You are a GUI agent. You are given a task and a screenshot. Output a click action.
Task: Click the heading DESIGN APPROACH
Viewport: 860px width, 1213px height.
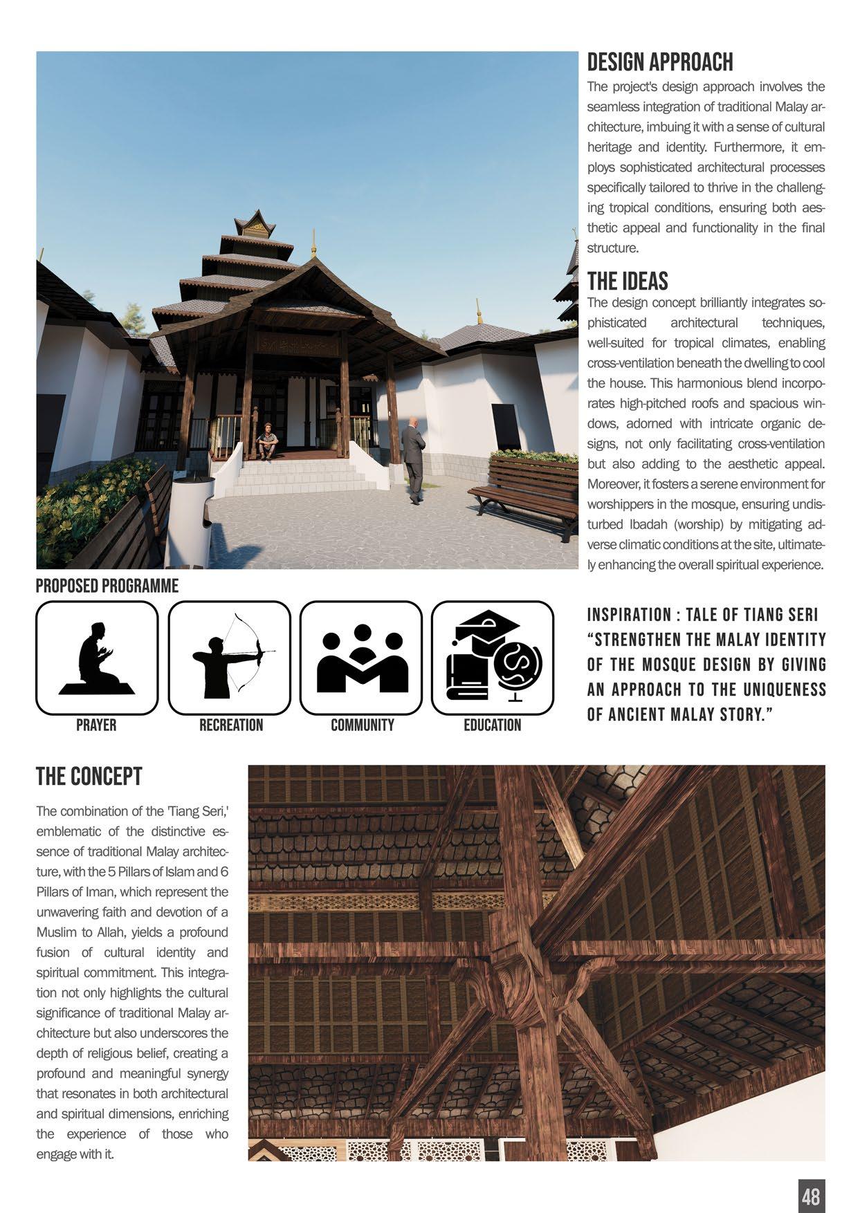[659, 62]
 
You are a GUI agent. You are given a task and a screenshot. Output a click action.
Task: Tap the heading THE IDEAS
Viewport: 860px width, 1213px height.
[628, 281]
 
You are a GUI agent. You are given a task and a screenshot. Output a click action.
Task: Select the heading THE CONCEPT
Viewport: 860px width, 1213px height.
[89, 777]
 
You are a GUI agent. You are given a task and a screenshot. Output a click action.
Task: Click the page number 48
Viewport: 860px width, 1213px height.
[811, 1196]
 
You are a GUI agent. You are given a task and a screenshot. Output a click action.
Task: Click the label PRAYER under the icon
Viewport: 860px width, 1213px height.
[96, 725]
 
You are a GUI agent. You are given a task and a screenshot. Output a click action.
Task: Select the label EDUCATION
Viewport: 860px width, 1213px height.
[492, 725]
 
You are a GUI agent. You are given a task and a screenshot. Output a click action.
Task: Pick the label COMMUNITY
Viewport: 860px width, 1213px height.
[362, 725]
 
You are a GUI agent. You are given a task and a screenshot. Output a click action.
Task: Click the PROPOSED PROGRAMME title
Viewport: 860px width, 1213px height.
[107, 586]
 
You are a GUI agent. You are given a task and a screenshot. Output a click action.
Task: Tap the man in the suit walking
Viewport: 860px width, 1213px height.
[414, 460]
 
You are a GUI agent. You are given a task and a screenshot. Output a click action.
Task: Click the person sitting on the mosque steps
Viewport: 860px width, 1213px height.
[267, 441]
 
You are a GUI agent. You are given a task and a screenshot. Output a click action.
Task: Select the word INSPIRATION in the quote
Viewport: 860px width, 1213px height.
[629, 615]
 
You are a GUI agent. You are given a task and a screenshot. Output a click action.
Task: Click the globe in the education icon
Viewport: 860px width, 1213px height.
[518, 665]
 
